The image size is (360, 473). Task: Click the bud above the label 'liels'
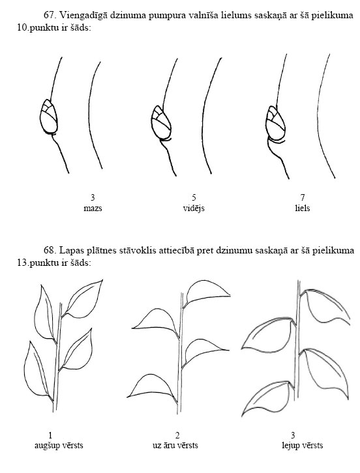(275, 124)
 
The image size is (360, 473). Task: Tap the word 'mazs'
(93, 208)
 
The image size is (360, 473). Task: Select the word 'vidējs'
(194, 208)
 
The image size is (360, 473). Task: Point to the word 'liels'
(303, 208)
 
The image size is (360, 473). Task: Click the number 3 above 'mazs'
(93, 197)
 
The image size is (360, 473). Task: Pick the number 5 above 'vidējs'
(194, 197)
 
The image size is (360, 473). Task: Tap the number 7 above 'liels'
(303, 197)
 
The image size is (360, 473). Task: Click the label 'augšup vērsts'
(59, 445)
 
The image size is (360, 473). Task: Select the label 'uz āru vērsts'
(175, 445)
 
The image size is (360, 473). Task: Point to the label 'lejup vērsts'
(303, 445)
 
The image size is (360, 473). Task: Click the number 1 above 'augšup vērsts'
(50, 435)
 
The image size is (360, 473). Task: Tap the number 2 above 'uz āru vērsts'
(177, 435)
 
